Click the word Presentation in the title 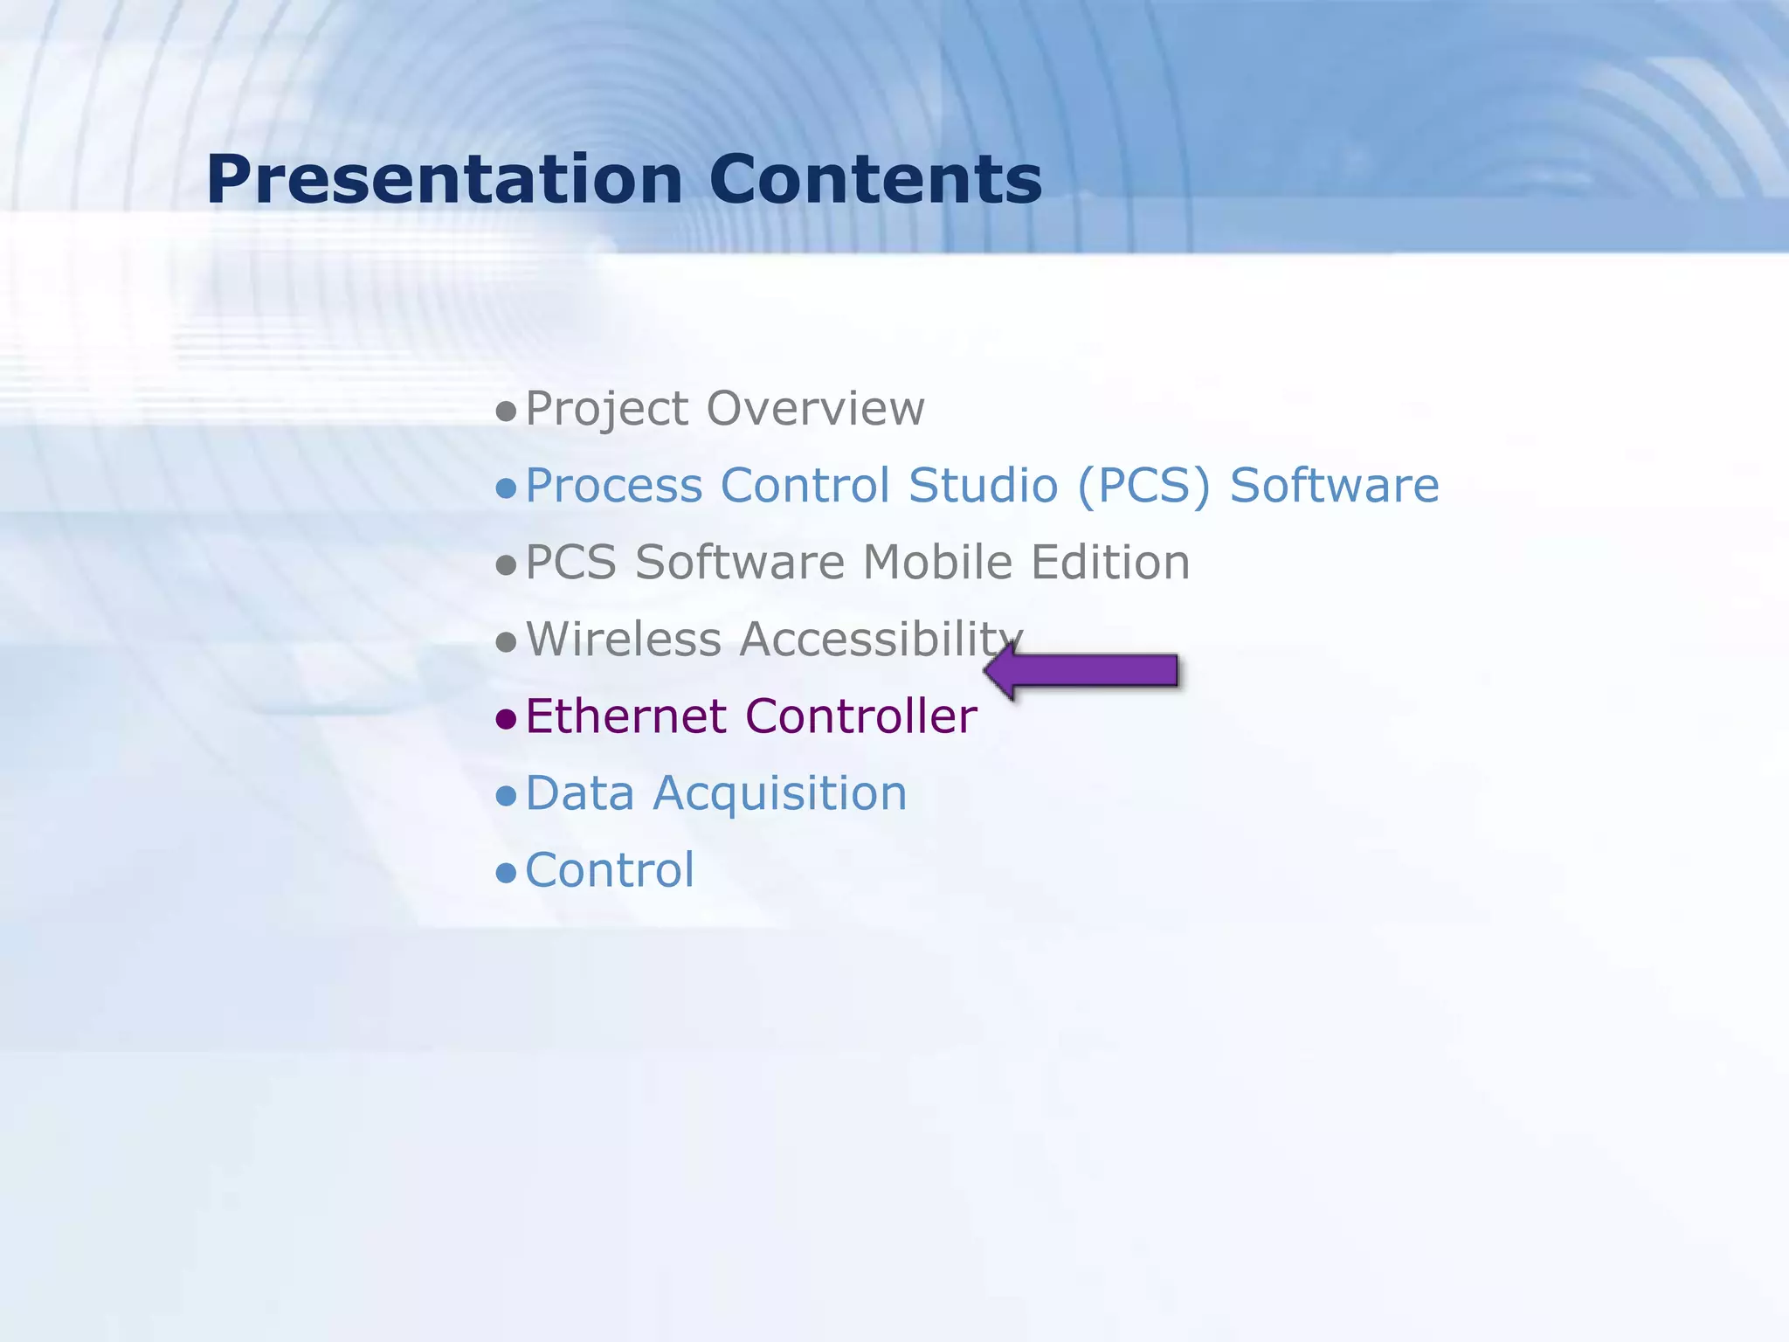(444, 180)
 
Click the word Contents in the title (875, 180)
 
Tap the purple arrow (1083, 671)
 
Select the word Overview (815, 409)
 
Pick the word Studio (983, 486)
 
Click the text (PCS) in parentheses (1144, 486)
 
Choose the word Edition (1110, 563)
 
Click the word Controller (861, 716)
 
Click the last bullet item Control (610, 871)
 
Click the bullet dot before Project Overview (506, 412)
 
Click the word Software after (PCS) (1334, 486)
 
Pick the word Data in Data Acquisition (579, 793)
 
